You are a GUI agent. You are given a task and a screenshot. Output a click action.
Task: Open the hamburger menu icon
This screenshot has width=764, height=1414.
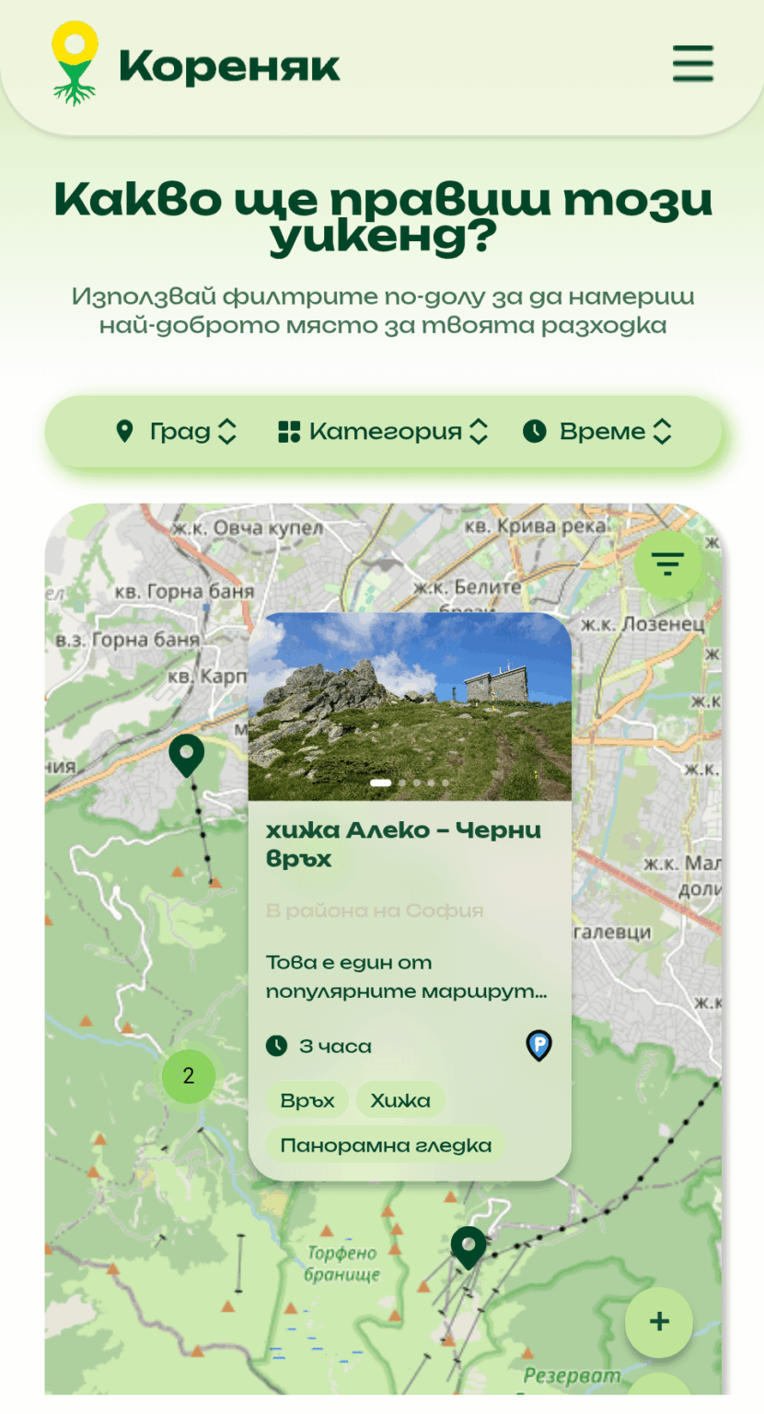pyautogui.click(x=692, y=64)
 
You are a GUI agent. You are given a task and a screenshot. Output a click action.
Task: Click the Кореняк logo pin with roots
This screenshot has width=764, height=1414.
pyautogui.click(x=75, y=63)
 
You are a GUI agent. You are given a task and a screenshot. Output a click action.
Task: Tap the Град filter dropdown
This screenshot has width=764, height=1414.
pyautogui.click(x=176, y=432)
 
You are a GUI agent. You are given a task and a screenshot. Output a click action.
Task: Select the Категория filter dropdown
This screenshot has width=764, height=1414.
pyautogui.click(x=382, y=432)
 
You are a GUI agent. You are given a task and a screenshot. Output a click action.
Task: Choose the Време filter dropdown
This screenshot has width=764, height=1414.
pyautogui.click(x=598, y=432)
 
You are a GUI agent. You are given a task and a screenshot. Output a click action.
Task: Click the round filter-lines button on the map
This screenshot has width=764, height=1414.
pyautogui.click(x=667, y=563)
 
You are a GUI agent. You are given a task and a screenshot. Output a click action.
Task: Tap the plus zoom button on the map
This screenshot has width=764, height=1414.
pyautogui.click(x=658, y=1322)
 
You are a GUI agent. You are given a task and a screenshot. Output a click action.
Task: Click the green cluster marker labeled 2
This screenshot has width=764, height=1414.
pyautogui.click(x=189, y=1075)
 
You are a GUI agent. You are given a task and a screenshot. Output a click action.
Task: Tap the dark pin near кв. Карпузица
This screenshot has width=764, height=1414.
pyautogui.click(x=186, y=755)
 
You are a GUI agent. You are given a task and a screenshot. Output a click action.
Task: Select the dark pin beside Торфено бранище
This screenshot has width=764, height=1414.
pyautogui.click(x=469, y=1246)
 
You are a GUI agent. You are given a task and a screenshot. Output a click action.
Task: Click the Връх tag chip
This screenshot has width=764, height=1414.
pyautogui.click(x=307, y=1100)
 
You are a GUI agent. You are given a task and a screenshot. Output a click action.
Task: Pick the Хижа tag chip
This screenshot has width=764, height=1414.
pyautogui.click(x=400, y=1100)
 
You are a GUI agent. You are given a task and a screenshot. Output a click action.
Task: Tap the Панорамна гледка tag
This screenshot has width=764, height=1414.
pyautogui.click(x=386, y=1145)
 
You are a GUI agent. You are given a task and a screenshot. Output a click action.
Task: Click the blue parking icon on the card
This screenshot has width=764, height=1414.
pyautogui.click(x=538, y=1045)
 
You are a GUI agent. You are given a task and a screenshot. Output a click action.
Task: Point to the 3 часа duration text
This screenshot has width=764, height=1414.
pyautogui.click(x=335, y=1046)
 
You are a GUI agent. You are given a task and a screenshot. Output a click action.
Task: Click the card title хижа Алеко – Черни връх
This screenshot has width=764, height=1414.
pyautogui.click(x=403, y=844)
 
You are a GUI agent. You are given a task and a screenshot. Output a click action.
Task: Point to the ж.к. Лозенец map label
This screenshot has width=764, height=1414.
pyautogui.click(x=642, y=624)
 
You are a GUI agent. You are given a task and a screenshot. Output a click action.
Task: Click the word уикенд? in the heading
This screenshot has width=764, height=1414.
pyautogui.click(x=382, y=237)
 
